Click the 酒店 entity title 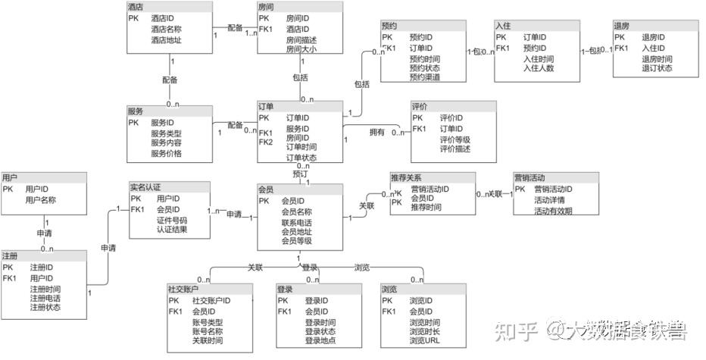point(136,6)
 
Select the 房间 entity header point(266,6)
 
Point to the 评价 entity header point(421,107)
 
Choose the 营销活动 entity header point(529,177)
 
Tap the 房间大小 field point(301,49)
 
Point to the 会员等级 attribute point(297,241)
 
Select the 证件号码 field point(171,220)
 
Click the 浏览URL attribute point(424,341)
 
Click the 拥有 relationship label point(376,133)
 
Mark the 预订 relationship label point(301,174)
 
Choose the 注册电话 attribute point(45,298)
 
